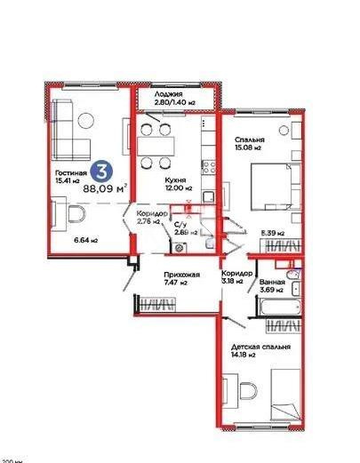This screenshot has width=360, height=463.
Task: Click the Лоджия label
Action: pos(168,94)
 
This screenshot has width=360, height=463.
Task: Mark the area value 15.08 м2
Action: pos(252,149)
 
